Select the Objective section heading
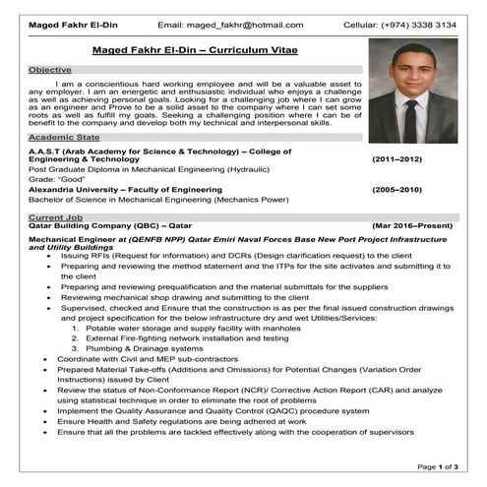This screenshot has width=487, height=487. [50, 70]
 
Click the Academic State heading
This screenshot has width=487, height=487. [64, 138]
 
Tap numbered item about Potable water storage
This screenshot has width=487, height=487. [187, 327]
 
